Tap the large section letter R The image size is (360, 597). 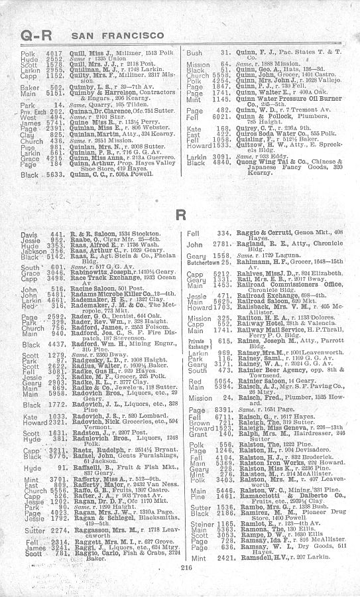[180, 215]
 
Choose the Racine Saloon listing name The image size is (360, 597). [83, 288]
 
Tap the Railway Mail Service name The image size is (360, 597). [245, 329]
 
